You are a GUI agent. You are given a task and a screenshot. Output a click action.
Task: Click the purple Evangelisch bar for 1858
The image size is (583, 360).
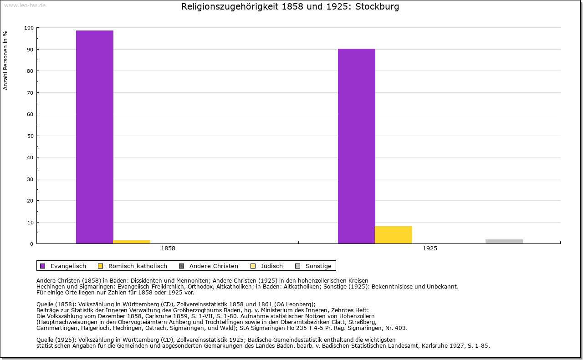point(95,137)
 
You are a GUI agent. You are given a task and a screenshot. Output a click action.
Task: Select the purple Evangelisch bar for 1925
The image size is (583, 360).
point(356,146)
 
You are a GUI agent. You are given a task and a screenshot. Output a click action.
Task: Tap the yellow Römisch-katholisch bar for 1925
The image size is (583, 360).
point(394,235)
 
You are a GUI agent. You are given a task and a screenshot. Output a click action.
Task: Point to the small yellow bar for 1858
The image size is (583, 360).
point(132,242)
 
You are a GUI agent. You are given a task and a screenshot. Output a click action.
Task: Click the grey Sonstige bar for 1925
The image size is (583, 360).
point(504,241)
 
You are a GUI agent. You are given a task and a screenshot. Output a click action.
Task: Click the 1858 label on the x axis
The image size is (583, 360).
point(168,249)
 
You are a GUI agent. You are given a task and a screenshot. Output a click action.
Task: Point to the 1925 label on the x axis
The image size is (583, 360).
point(430,249)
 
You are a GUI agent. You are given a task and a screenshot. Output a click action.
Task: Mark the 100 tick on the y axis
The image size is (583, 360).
point(29,28)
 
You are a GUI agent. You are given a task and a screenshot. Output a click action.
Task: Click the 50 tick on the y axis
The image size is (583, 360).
point(31,136)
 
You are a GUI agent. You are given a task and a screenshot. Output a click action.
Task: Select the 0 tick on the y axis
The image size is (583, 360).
point(32,244)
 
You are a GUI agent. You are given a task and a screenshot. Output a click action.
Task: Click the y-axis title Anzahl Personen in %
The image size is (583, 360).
point(6,60)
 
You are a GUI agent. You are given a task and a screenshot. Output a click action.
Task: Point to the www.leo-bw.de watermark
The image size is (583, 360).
point(25,5)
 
